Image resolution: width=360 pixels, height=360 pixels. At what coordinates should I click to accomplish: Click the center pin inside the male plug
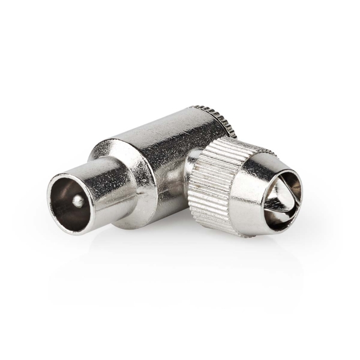point(75,201)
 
